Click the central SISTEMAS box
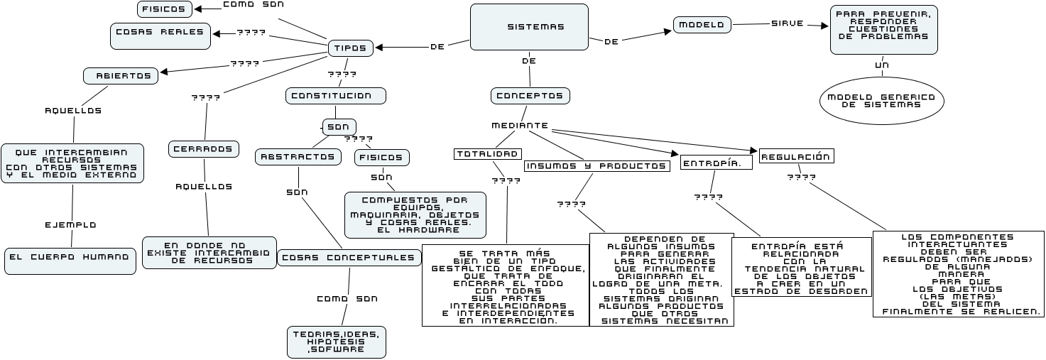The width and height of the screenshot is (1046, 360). (x=529, y=27)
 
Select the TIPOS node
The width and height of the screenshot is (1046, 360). (x=350, y=48)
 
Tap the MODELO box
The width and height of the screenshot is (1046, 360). (x=702, y=25)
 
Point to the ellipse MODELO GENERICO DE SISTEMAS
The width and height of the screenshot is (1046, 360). (x=881, y=101)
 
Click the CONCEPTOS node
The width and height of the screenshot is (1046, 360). (x=530, y=96)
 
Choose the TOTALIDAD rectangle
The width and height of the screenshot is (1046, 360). (x=488, y=154)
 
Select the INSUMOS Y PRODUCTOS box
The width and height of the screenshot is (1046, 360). (x=596, y=166)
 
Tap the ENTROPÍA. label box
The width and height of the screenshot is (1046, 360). (x=716, y=163)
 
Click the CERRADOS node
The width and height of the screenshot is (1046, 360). (x=202, y=149)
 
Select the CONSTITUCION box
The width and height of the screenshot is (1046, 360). (x=335, y=95)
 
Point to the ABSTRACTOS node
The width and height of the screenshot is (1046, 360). (x=297, y=156)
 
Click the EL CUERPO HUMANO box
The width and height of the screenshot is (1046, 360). (x=70, y=261)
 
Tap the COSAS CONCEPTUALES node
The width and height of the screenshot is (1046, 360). (x=347, y=258)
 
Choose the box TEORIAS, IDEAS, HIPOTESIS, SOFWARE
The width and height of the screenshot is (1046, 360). (x=337, y=342)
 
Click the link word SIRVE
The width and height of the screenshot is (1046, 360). (x=787, y=23)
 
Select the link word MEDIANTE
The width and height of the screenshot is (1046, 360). (x=520, y=126)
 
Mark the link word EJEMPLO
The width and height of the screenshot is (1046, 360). (x=70, y=224)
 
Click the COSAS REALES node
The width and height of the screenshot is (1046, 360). (x=160, y=33)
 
